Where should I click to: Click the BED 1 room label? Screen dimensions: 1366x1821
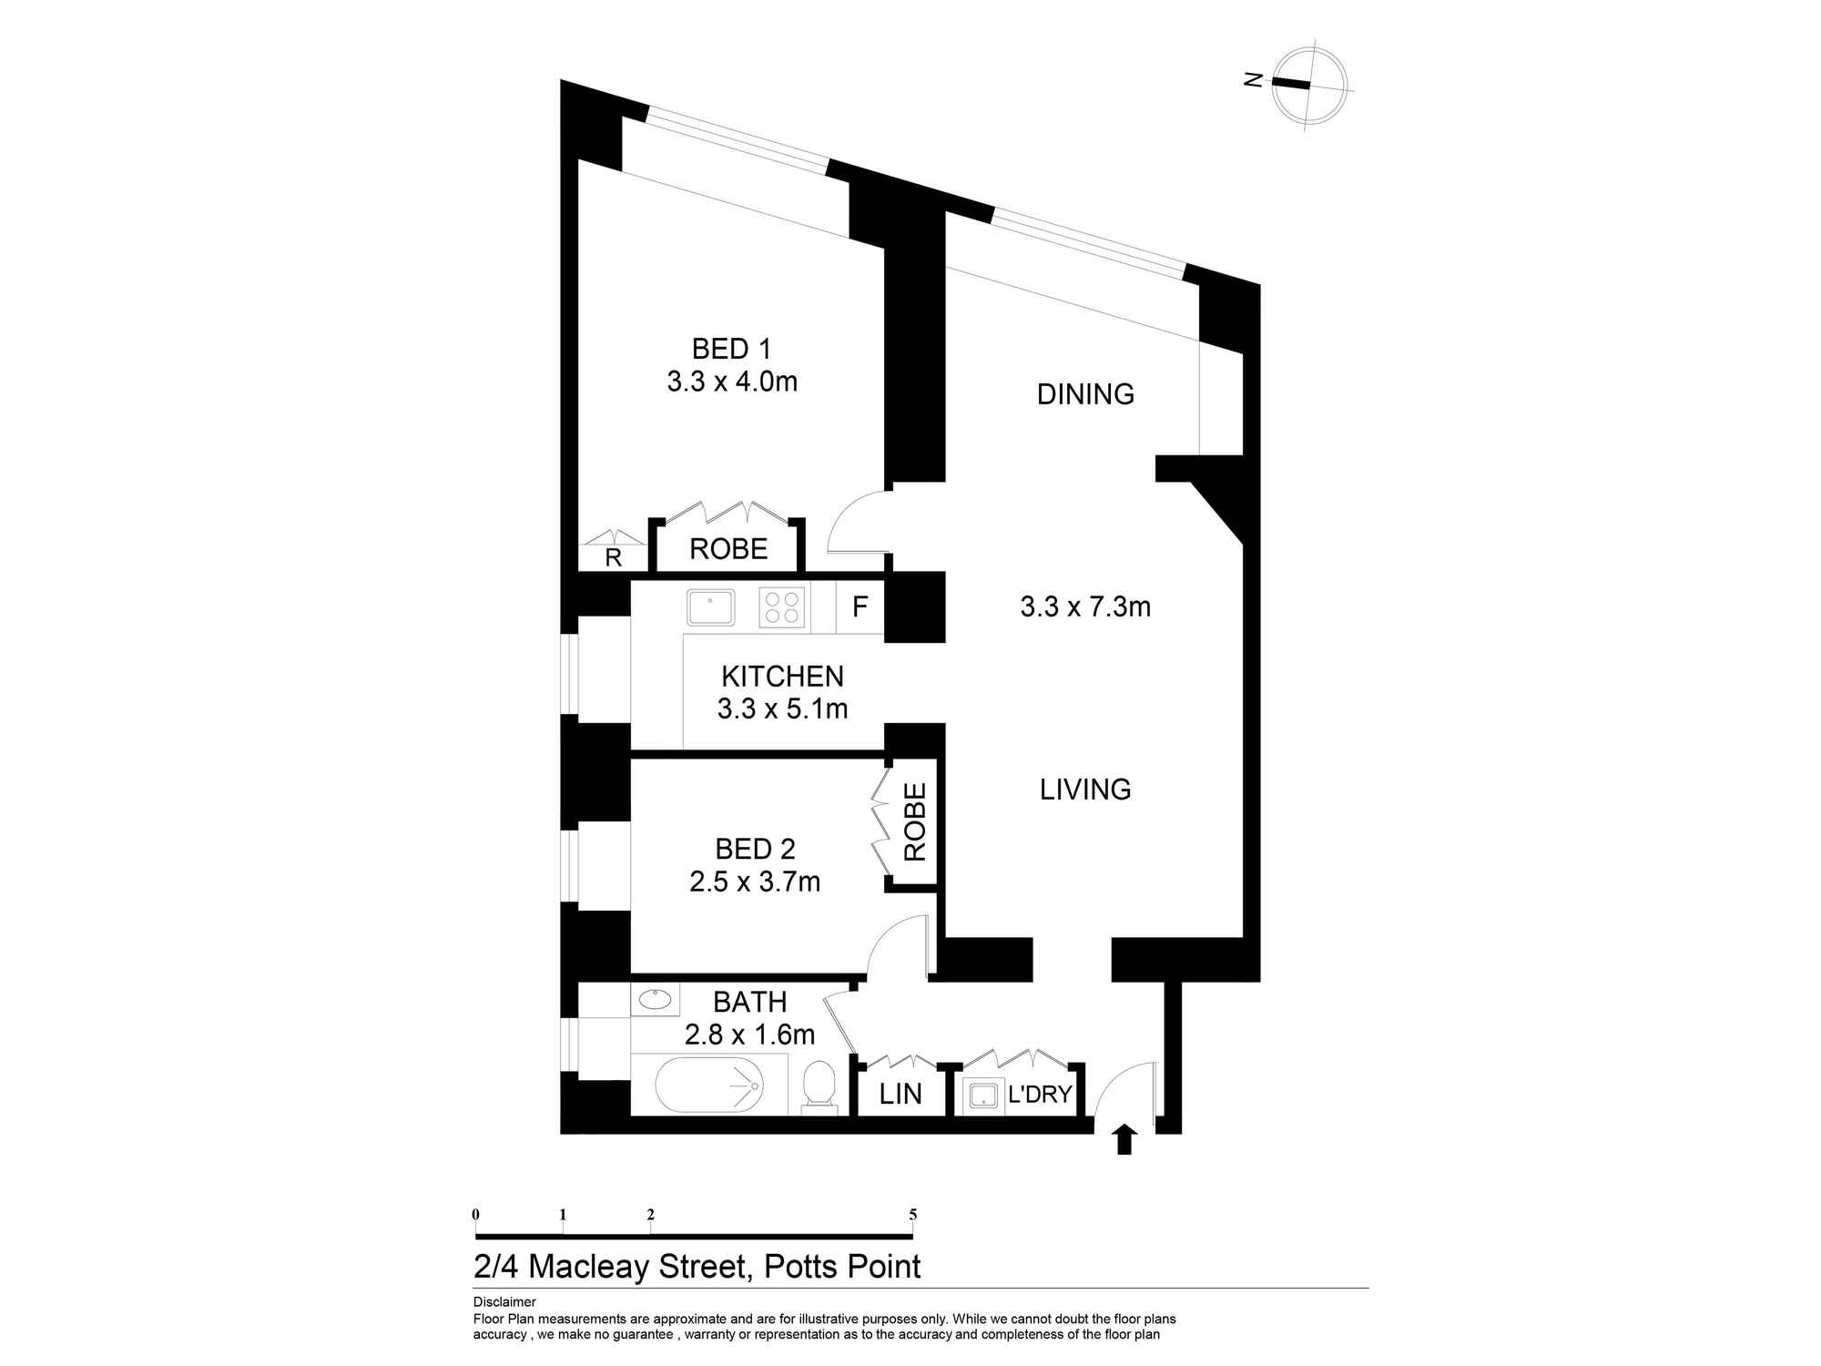pyautogui.click(x=731, y=349)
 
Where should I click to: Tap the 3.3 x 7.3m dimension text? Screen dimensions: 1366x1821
pyautogui.click(x=1085, y=607)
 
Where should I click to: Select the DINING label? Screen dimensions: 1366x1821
pyautogui.click(x=1085, y=394)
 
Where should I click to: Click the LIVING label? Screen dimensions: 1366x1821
pyautogui.click(x=1085, y=790)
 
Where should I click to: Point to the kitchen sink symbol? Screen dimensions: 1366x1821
pyautogui.click(x=711, y=607)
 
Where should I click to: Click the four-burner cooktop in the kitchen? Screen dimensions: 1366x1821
pyautogui.click(x=782, y=607)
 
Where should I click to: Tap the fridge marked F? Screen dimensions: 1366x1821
pyautogui.click(x=860, y=607)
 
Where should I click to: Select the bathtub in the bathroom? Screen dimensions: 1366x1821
pyautogui.click(x=709, y=1085)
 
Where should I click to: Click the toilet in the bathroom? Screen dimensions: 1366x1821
pyautogui.click(x=819, y=1086)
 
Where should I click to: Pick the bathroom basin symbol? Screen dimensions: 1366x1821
pyautogui.click(x=655, y=1000)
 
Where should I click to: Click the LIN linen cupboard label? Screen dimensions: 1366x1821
pyautogui.click(x=900, y=1094)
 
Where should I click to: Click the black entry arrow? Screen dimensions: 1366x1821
pyautogui.click(x=1124, y=1139)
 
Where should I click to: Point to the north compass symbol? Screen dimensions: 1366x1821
pyautogui.click(x=1308, y=85)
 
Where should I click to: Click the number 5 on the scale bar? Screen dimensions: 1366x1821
pyautogui.click(x=912, y=1215)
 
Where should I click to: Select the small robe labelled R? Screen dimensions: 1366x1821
pyautogui.click(x=613, y=557)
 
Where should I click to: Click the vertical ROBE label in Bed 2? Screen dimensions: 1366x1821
pyautogui.click(x=914, y=822)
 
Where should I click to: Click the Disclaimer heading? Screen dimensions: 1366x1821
pyautogui.click(x=504, y=1302)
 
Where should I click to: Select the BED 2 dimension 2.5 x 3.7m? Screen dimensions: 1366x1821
pyautogui.click(x=755, y=882)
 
